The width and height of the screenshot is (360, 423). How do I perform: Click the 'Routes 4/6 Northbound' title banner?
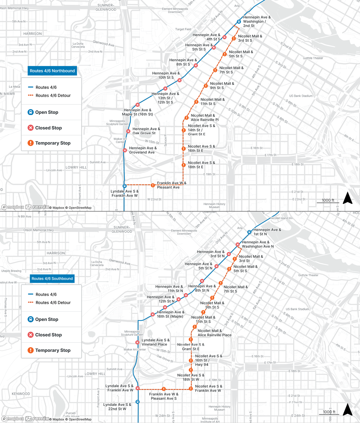tap(52, 71)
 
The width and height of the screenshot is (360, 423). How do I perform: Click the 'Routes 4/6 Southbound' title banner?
tap(52, 279)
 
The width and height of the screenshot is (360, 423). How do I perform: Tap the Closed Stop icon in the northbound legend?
tap(31, 128)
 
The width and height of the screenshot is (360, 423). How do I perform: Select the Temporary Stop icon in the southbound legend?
tap(31, 350)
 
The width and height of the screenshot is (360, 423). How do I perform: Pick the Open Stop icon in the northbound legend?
tap(31, 112)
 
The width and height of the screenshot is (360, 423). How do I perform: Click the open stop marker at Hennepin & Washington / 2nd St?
tap(239, 22)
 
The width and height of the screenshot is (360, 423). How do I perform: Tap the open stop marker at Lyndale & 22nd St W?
tap(138, 402)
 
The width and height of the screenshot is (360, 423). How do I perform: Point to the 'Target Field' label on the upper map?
tap(183, 29)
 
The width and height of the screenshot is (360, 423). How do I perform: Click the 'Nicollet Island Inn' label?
tap(281, 218)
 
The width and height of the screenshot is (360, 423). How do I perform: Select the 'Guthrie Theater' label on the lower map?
tap(308, 275)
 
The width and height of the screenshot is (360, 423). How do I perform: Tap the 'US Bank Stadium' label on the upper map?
tap(301, 96)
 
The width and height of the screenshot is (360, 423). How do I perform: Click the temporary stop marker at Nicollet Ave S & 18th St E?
tap(184, 165)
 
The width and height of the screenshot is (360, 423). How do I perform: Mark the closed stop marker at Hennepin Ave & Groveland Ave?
tap(125, 150)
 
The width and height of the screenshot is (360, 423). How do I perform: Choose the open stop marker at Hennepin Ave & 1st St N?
tap(249, 232)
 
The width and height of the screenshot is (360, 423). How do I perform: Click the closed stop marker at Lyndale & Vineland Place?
tap(137, 343)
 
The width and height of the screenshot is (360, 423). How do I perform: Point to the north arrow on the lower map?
tap(347, 410)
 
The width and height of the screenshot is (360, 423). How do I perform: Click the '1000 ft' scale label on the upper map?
tap(328, 200)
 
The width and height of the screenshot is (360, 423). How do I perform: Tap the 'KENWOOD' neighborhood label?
tap(21, 394)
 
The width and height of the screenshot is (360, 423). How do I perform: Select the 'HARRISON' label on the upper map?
tap(33, 34)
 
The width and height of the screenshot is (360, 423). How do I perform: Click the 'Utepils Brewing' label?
tap(11, 271)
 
